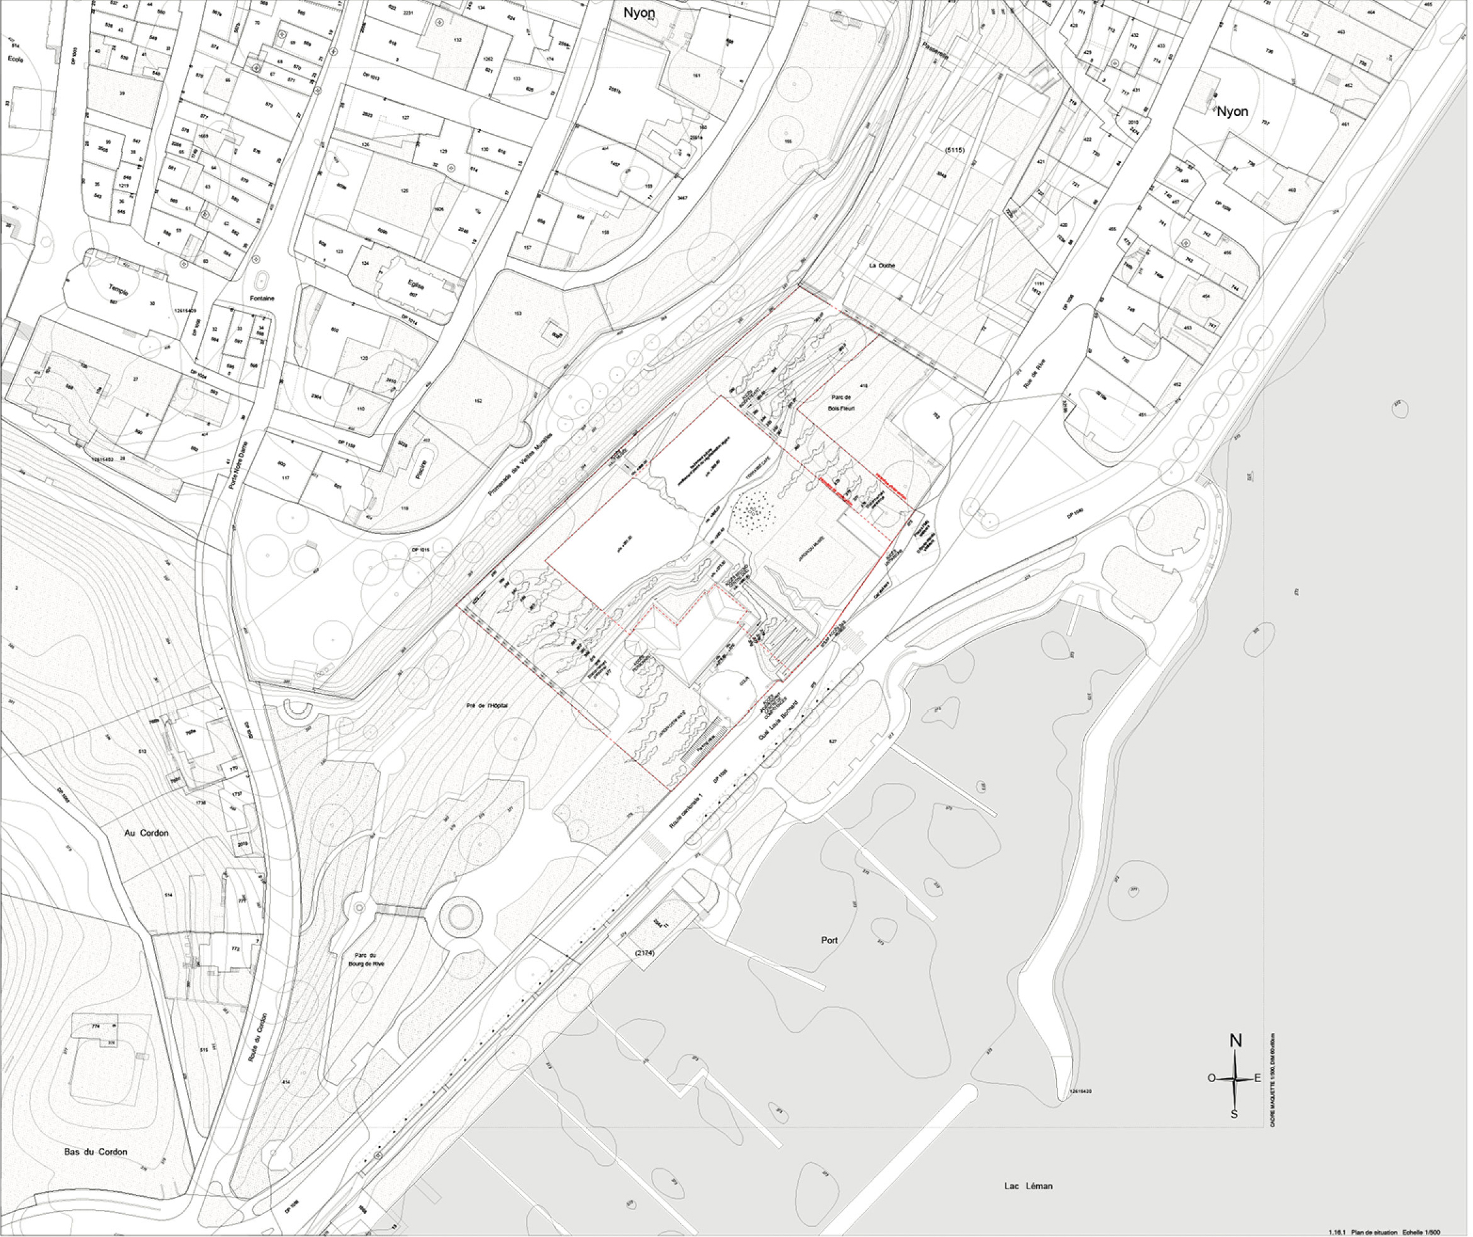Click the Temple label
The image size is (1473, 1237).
click(x=119, y=290)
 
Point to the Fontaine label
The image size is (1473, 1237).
click(x=262, y=299)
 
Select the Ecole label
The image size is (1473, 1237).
click(x=16, y=60)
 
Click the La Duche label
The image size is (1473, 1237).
click(x=882, y=266)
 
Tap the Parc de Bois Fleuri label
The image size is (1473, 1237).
click(x=840, y=402)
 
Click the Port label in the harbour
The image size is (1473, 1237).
click(x=829, y=940)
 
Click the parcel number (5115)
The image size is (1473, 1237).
click(x=955, y=149)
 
